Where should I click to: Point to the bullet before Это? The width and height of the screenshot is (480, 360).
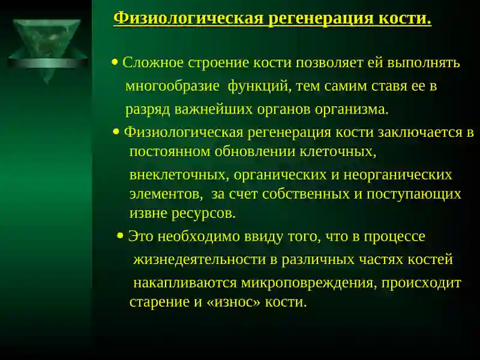click(121, 236)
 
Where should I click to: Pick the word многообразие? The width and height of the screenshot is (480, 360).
click(172, 86)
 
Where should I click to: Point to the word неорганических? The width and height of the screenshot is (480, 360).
click(400, 175)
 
